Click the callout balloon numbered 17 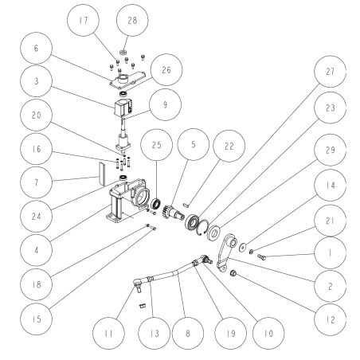pyautogui.click(x=83, y=20)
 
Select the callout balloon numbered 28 pyautogui.click(x=132, y=20)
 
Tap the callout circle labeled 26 pyautogui.click(x=166, y=70)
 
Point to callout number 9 pyautogui.click(x=166, y=104)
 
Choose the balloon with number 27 pyautogui.click(x=330, y=72)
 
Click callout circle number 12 pyautogui.click(x=330, y=319)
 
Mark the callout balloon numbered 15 pyautogui.click(x=36, y=319)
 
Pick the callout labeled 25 pyautogui.click(x=156, y=145)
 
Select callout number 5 pyautogui.click(x=193, y=144)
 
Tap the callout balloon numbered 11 pyautogui.click(x=108, y=333)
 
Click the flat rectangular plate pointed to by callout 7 pyautogui.click(x=102, y=174)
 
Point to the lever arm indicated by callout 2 pyautogui.click(x=226, y=252)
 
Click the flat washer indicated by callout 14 pyautogui.click(x=242, y=247)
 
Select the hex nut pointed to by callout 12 pyautogui.click(x=233, y=272)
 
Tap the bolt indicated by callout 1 pyautogui.click(x=261, y=256)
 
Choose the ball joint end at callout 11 pyautogui.click(x=139, y=284)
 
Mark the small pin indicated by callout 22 pyautogui.click(x=186, y=205)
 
